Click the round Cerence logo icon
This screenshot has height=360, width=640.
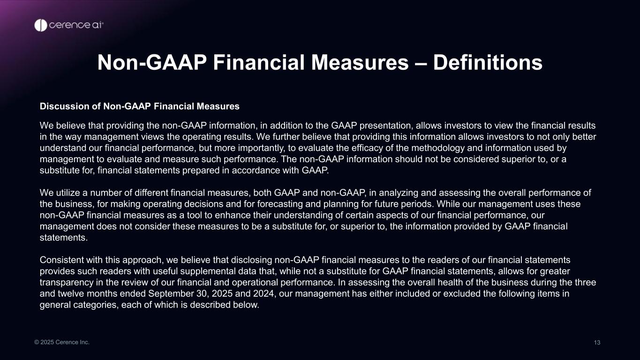click(x=41, y=25)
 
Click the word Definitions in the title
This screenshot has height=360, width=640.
click(x=488, y=62)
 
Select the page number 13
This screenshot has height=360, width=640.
click(x=597, y=342)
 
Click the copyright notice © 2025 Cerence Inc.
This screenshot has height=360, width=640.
click(x=62, y=342)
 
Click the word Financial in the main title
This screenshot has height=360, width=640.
click(x=259, y=62)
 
